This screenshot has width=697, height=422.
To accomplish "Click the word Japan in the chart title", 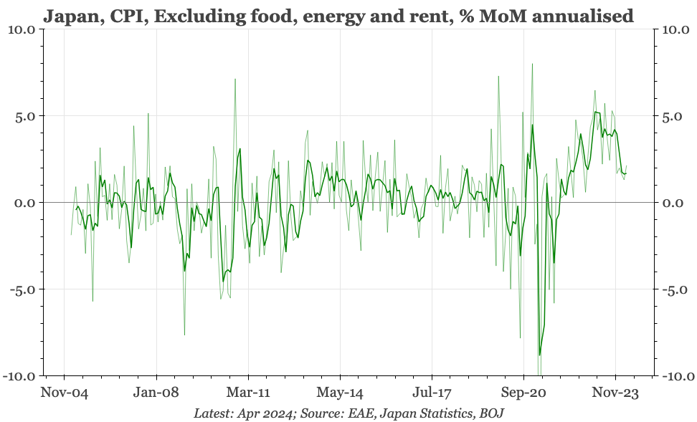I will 70,15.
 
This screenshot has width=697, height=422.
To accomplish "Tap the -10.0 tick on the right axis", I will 675,376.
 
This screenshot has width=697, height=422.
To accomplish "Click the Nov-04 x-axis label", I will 65,393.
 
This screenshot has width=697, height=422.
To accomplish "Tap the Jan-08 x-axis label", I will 156,393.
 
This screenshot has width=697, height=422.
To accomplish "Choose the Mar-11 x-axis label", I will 248,393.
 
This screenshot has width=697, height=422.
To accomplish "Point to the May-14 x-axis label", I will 340,393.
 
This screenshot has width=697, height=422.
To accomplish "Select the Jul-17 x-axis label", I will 432,393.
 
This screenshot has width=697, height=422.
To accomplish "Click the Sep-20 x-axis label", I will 523,393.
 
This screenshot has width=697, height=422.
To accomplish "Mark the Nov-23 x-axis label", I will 615,393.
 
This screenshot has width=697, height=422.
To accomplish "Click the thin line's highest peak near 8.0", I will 532,64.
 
